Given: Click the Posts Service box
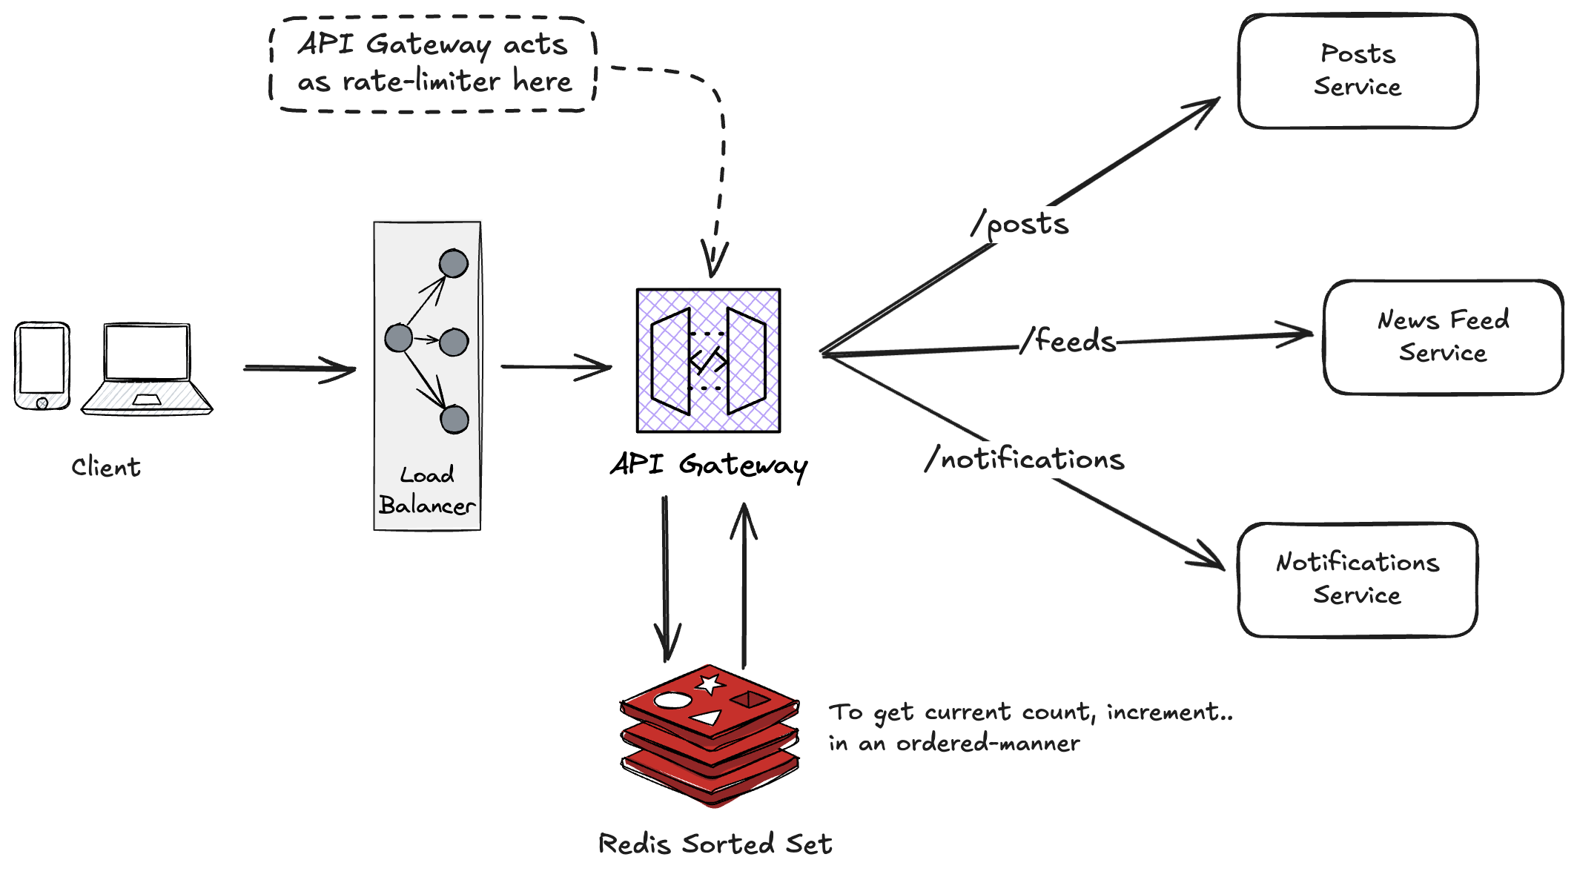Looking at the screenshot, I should (1357, 71).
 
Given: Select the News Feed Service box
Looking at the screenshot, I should (1442, 337).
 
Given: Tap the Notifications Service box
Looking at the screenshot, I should (1357, 579).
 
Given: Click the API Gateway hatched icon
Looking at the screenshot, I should (708, 360).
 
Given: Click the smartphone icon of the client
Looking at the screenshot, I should (42, 365).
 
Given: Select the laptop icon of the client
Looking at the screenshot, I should (147, 368).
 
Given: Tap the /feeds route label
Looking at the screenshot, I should (1068, 341).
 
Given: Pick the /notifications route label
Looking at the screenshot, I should (1025, 460).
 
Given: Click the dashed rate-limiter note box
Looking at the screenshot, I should (434, 64).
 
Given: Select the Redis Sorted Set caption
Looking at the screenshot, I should (715, 844).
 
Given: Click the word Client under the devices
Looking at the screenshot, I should (106, 467).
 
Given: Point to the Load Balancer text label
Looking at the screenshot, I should (427, 491).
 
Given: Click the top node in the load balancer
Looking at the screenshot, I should (453, 263).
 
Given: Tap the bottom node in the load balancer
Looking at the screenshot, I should (454, 420).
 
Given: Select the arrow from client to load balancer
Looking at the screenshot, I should (300, 368).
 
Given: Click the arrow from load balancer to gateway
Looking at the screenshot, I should (555, 366).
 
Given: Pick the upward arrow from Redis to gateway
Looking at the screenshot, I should (744, 586).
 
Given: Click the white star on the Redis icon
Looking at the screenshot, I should (710, 684).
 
